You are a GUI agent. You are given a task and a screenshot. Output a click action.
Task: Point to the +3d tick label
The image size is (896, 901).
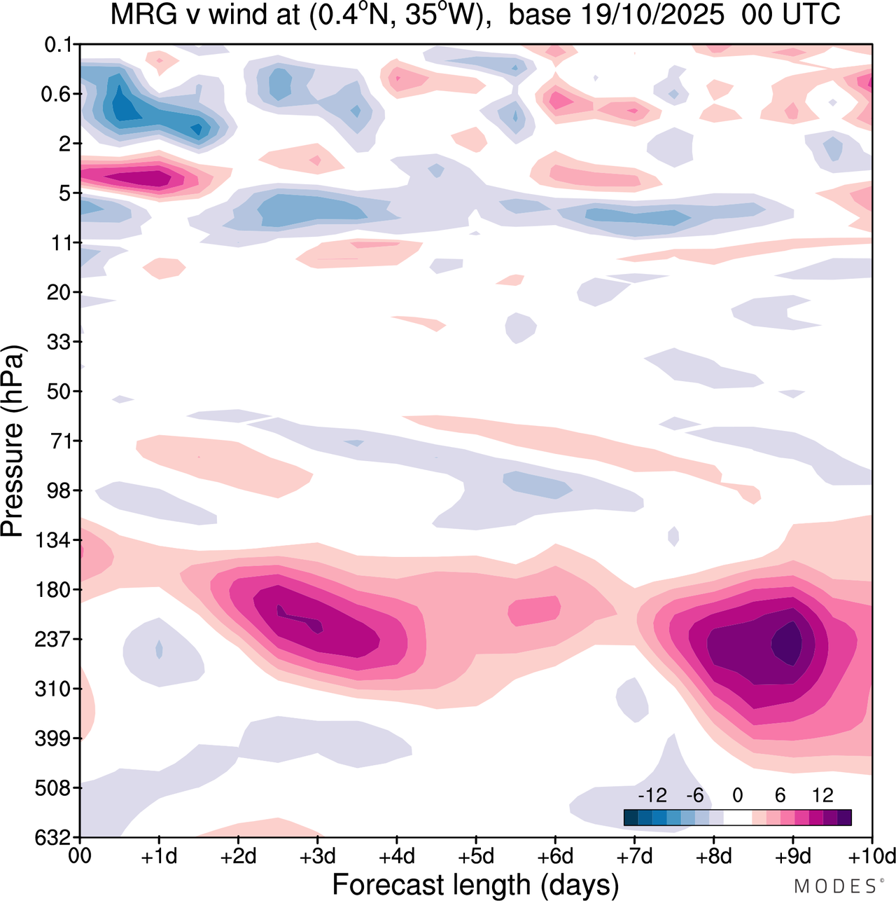click(x=317, y=856)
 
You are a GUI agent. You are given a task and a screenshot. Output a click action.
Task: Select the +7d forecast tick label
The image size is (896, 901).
click(x=634, y=856)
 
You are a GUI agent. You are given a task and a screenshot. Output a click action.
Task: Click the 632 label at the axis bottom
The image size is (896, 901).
click(x=53, y=838)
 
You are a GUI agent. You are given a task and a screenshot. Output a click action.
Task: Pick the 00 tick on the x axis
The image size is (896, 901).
click(x=80, y=856)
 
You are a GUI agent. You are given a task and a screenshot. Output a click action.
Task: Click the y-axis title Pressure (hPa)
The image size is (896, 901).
click(x=14, y=441)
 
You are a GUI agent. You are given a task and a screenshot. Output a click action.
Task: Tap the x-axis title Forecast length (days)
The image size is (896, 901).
click(x=475, y=884)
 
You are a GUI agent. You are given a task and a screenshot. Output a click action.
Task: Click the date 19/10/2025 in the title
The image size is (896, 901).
click(x=616, y=15)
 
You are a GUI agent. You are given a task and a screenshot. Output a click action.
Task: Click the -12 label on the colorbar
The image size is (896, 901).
click(x=652, y=795)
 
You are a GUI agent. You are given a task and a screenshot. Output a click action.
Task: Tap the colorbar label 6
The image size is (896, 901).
click(x=780, y=795)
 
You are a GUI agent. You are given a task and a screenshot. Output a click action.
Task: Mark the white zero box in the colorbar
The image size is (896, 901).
click(x=737, y=818)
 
